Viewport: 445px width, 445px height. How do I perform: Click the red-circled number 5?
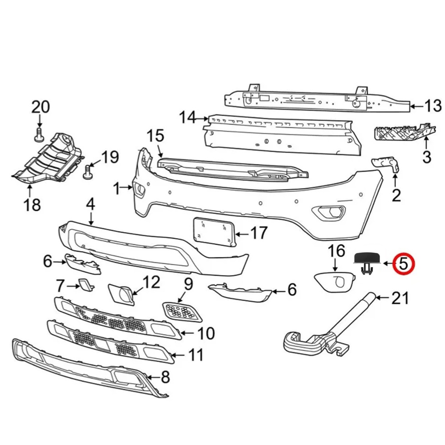click(x=403, y=263)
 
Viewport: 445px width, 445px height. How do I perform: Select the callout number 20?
click(x=40, y=107)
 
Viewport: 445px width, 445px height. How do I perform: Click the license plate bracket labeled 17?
click(x=214, y=231)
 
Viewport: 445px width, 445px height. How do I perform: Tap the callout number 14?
click(x=188, y=118)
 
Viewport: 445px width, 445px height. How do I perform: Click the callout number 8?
click(x=165, y=378)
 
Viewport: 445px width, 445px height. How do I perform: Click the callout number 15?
click(x=156, y=136)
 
